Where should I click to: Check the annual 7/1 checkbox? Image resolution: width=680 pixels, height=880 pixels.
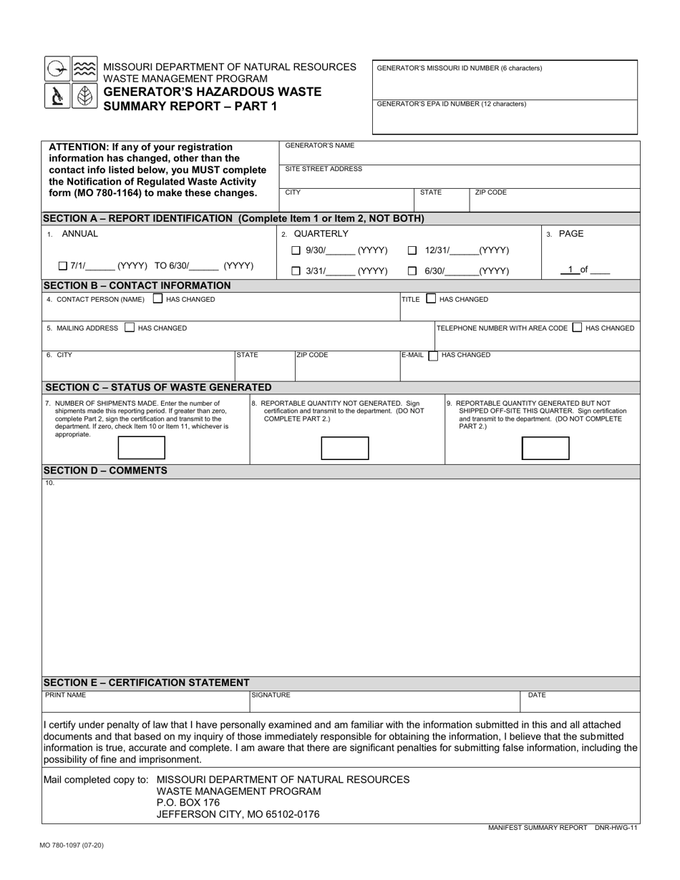tap(63, 266)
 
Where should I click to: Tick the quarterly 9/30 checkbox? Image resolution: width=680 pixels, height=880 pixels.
tap(296, 250)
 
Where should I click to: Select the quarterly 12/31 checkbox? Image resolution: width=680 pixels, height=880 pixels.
tap(412, 250)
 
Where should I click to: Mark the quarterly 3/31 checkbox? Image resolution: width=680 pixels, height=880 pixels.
tap(296, 271)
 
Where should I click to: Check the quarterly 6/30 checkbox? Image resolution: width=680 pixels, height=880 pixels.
tap(412, 271)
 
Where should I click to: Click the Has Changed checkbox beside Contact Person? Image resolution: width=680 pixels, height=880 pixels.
tap(157, 299)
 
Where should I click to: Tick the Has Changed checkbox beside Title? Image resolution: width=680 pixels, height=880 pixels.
tap(431, 299)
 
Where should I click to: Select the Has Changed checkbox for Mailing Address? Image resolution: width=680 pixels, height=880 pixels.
tap(129, 328)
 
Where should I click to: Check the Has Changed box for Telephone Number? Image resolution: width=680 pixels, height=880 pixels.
tap(577, 328)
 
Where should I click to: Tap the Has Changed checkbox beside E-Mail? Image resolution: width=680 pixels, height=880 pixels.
tap(432, 356)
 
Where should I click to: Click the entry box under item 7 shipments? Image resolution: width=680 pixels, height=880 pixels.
tap(141, 448)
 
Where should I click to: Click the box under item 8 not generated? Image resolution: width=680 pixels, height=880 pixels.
tap(344, 448)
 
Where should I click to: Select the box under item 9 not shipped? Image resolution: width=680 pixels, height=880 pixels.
tap(545, 448)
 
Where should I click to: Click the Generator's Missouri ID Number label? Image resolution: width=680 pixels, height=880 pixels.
tap(459, 69)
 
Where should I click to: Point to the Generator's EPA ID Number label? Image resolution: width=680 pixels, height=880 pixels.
tap(451, 104)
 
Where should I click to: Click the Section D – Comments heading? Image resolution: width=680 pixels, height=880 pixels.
tap(105, 471)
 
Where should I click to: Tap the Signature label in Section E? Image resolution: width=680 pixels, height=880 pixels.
tap(271, 695)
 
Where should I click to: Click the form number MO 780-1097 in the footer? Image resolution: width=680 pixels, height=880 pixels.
tap(72, 845)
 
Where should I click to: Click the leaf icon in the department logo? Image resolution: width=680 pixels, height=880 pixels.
tap(84, 96)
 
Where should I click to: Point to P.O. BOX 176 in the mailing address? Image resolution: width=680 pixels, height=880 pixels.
tap(188, 803)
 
